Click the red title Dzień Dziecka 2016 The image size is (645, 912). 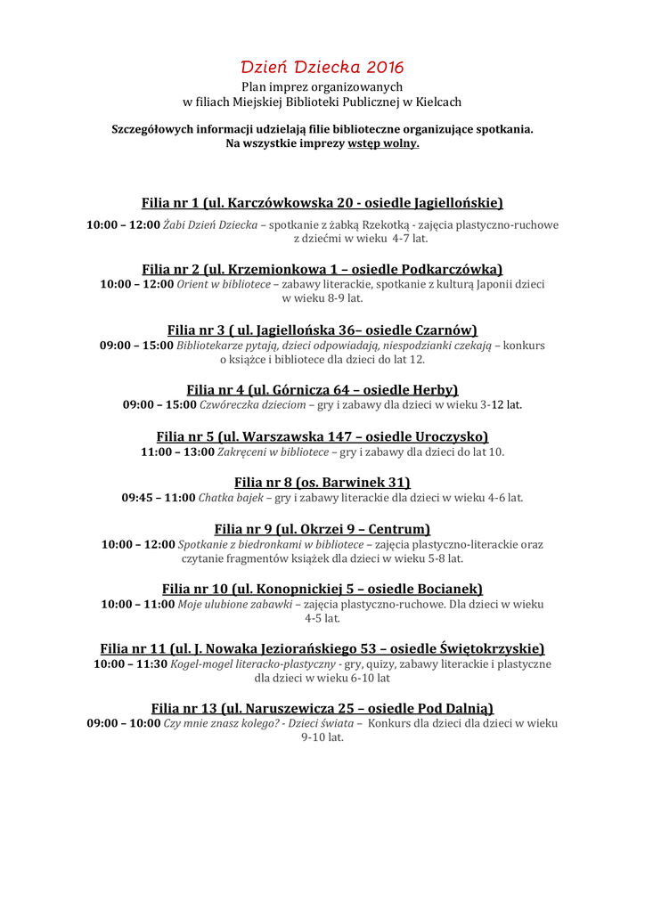coord(322,67)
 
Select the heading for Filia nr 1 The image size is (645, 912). coord(322,203)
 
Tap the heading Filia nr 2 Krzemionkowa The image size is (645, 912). coord(322,269)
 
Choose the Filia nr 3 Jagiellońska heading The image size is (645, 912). coord(322,330)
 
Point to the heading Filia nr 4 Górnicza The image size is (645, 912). coord(322,389)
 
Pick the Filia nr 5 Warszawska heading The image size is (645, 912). coord(322,436)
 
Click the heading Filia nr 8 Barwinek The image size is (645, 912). coord(322,483)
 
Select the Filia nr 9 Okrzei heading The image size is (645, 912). coord(322,529)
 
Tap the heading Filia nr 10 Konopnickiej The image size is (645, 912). coord(322,589)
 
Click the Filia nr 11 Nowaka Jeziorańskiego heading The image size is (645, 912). coord(322,648)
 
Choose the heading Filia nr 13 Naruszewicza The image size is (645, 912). coord(322,709)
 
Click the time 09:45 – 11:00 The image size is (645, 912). coord(158,498)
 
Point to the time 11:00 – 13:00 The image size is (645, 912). coord(177,452)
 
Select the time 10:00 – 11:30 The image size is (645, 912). coord(130,664)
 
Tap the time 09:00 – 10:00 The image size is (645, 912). coord(123,724)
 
